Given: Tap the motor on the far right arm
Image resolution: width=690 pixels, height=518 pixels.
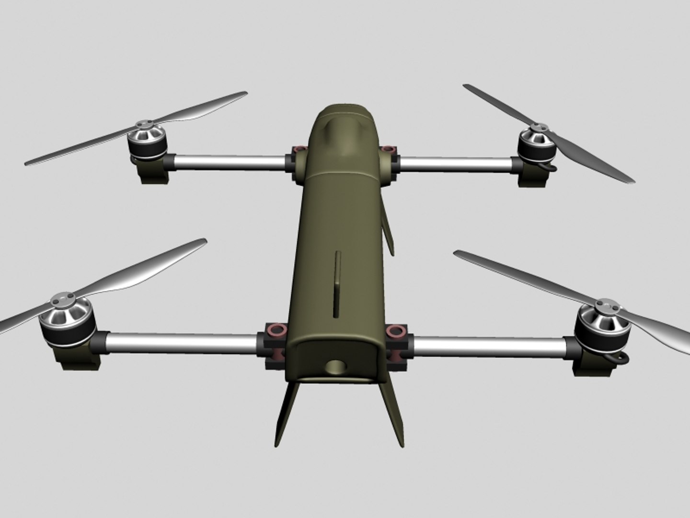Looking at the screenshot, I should click(x=537, y=144).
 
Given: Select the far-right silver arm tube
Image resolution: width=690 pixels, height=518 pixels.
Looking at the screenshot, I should click(x=455, y=164).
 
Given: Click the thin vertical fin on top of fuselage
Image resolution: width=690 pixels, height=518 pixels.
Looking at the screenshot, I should click(x=338, y=283).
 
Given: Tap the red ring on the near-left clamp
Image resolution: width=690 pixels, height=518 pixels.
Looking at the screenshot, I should click(x=276, y=330).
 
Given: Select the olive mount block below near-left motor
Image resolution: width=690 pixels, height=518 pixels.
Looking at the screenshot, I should click(x=81, y=357).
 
